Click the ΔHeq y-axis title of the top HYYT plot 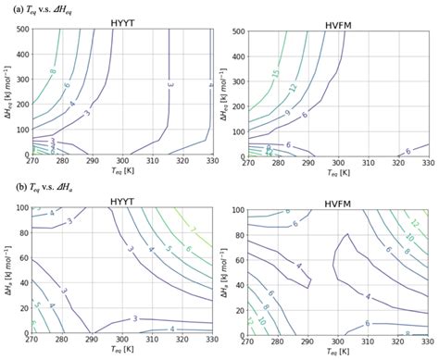click(x=8, y=93)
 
